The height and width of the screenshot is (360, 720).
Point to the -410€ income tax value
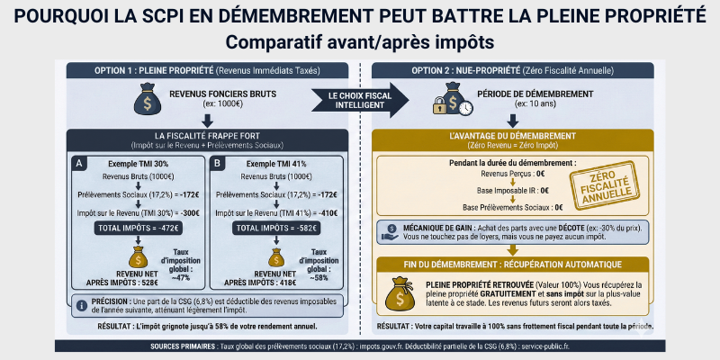(328, 212)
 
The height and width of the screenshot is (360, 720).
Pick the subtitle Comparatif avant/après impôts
(360, 42)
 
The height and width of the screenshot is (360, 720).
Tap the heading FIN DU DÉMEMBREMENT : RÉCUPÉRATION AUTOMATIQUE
(513, 264)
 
